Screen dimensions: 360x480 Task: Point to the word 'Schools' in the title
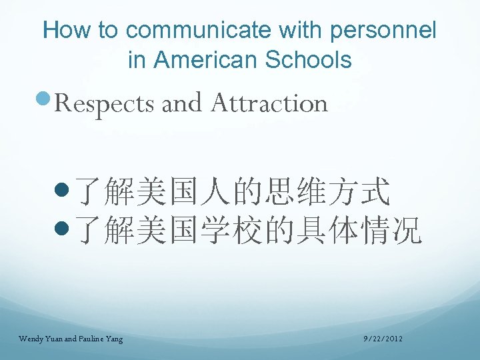[308, 60]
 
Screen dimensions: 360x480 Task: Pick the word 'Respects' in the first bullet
[105, 104]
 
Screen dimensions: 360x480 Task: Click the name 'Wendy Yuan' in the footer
[41, 339]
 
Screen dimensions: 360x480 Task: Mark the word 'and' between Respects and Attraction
[181, 103]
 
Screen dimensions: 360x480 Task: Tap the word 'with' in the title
[303, 30]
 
